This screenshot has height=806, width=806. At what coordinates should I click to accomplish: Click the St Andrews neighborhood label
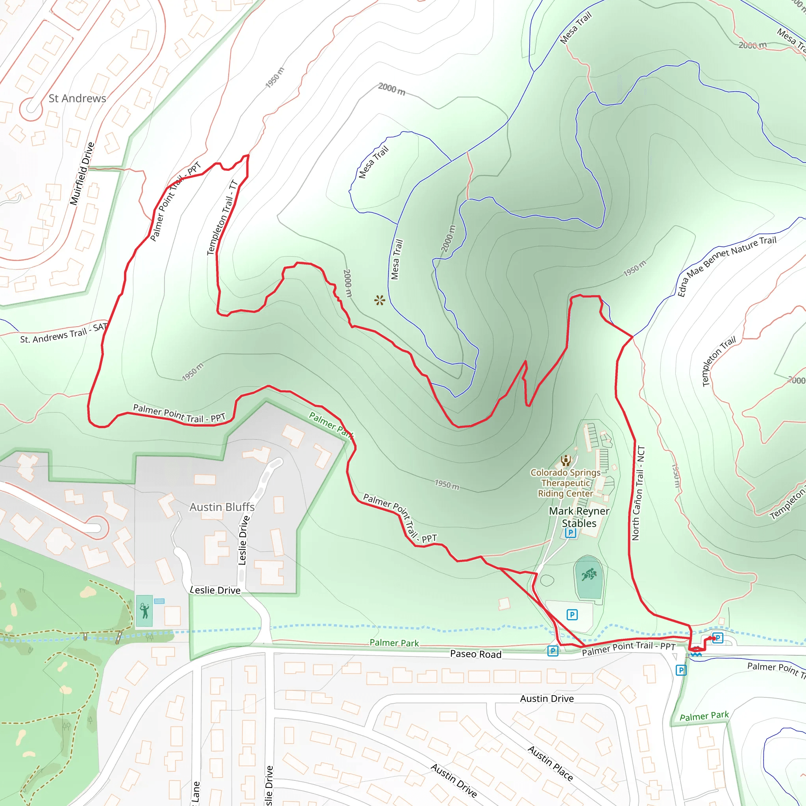(77, 98)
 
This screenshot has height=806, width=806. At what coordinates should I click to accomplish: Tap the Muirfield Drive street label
(82, 174)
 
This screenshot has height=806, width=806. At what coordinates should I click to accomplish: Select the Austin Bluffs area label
(222, 507)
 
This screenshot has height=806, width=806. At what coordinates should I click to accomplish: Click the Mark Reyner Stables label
(579, 517)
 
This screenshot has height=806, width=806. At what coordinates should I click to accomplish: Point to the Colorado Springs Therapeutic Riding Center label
(565, 482)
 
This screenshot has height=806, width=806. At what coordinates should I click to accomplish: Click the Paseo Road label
(475, 654)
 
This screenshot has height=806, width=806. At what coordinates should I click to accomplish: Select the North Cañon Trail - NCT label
(638, 493)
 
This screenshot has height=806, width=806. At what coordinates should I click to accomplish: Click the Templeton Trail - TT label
(222, 218)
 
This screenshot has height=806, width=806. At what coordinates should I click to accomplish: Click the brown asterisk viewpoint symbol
(379, 300)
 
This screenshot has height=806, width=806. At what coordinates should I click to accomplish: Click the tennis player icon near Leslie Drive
(144, 611)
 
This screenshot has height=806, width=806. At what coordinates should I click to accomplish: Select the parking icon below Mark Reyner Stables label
(570, 533)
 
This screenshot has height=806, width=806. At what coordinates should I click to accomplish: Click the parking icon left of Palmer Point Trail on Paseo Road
(553, 651)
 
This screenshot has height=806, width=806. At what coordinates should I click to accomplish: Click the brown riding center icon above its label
(566, 460)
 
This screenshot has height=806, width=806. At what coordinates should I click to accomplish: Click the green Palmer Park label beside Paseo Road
(394, 643)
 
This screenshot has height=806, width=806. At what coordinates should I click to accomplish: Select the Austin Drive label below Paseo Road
(547, 699)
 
